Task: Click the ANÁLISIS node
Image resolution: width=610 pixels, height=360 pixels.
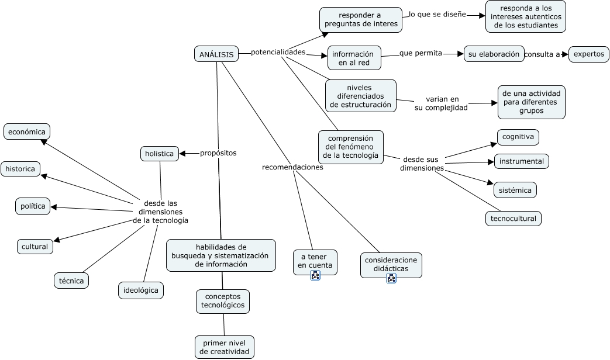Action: coord(216,54)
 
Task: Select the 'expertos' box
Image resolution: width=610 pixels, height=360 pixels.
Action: coord(588,54)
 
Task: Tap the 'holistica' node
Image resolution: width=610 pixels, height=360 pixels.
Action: coord(160,154)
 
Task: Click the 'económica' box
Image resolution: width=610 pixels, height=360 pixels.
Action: coord(27,132)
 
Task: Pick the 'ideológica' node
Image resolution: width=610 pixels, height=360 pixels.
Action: coord(141,290)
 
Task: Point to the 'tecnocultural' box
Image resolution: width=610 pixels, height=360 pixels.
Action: coord(513,219)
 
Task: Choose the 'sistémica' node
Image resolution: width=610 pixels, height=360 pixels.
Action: coord(515,190)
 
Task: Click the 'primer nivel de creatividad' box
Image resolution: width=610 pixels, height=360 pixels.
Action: coord(224,347)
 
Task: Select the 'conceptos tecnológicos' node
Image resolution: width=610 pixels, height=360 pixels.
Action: coord(222,302)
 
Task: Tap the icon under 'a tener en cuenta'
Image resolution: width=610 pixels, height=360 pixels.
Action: coord(315,276)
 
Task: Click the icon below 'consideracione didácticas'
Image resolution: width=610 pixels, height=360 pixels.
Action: coord(391,278)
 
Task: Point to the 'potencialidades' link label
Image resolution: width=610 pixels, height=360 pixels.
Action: coord(278,52)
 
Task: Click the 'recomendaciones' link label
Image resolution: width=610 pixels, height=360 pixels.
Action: coord(292,167)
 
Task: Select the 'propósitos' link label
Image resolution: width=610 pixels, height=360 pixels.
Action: coord(218,153)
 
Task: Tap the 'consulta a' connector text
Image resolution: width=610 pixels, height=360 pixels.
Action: coord(542,54)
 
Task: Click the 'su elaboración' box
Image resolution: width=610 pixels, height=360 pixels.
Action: coord(494,54)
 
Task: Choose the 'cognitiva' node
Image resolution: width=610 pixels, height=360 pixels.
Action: coord(518,137)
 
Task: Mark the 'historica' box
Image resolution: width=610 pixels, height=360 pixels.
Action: coord(20,169)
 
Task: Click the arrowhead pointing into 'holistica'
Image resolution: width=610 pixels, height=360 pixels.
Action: coord(183,154)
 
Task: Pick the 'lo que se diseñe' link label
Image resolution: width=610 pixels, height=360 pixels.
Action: coord(437,15)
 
